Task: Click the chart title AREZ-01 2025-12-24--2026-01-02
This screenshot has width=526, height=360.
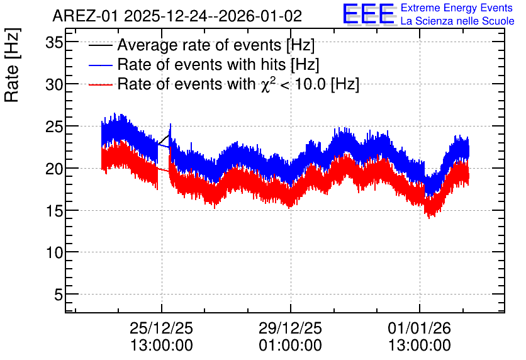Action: [177, 16]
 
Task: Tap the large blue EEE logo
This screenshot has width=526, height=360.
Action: [369, 14]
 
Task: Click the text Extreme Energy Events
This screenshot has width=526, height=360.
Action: [457, 8]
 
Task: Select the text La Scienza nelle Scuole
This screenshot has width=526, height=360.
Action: [457, 21]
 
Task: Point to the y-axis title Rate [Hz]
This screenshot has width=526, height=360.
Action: [12, 65]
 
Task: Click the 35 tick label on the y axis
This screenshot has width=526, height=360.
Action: [54, 43]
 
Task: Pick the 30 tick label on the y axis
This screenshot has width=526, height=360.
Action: [54, 84]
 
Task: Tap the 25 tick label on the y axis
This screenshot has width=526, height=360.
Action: [54, 127]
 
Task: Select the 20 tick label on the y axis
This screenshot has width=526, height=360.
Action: [54, 169]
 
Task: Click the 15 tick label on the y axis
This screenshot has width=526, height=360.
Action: [54, 211]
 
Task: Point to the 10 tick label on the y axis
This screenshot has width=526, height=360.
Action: [54, 252]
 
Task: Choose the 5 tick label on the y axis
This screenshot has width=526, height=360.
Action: [59, 295]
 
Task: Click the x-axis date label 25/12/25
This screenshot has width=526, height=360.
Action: [161, 328]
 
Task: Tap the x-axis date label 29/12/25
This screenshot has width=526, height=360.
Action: [290, 328]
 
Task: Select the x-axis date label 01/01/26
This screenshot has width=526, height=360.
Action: [419, 328]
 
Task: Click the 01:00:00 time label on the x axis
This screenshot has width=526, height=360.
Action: [290, 346]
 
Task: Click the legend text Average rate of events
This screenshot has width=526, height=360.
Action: [199, 45]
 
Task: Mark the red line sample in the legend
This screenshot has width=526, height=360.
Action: [100, 84]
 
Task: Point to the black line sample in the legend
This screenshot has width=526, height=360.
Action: [100, 45]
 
